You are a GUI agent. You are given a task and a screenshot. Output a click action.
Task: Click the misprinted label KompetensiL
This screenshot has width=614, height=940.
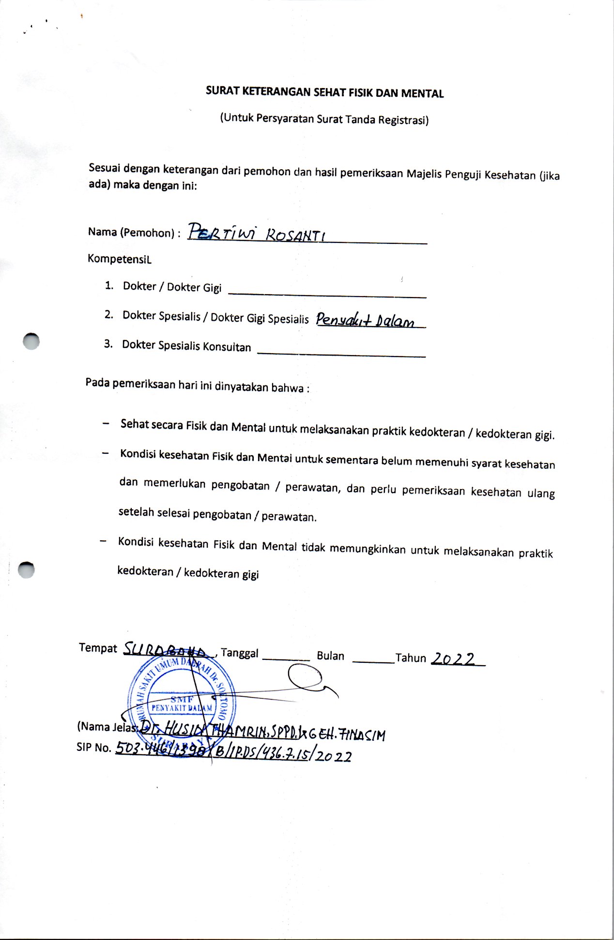119,259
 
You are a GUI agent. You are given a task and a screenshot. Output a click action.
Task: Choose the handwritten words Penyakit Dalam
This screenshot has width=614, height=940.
366,320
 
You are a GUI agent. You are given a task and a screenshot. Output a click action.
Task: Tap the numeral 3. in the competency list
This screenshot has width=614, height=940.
108,344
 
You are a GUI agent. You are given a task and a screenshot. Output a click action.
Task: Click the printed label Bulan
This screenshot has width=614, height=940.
330,656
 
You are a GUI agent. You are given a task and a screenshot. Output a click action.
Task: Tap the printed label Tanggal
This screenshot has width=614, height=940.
240,653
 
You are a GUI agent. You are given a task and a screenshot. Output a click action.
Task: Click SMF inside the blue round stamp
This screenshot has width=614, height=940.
182,699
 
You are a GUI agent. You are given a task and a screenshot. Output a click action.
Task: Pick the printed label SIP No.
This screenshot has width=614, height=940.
94,747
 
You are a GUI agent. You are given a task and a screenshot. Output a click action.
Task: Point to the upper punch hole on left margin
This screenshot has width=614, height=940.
31,342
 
